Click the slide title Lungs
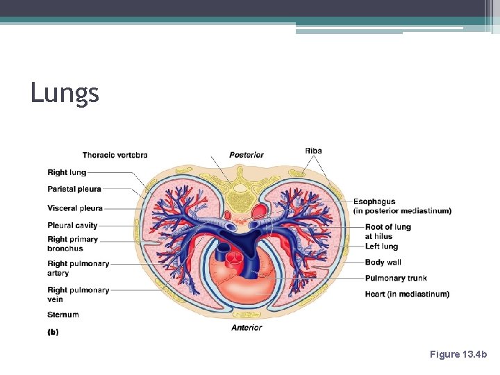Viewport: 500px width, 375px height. click(x=65, y=92)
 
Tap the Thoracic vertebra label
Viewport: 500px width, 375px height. click(x=115, y=155)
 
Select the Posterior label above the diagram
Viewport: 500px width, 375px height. click(x=247, y=155)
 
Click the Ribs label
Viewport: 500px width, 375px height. click(x=313, y=151)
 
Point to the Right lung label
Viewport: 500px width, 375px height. click(x=67, y=172)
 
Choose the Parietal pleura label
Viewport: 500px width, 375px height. click(x=74, y=189)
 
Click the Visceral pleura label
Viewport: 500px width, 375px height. click(x=75, y=208)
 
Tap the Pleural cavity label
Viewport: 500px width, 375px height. click(x=72, y=225)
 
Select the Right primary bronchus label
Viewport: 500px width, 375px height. click(x=72, y=244)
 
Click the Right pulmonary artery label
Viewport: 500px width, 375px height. click(x=78, y=268)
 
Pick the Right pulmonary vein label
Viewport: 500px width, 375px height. click(x=78, y=294)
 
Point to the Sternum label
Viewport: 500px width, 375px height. click(x=63, y=315)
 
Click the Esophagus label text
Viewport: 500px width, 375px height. click(x=374, y=202)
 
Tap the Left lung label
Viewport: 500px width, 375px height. click(x=381, y=247)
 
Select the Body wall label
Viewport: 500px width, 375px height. click(x=383, y=262)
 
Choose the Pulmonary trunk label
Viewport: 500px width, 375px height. click(x=396, y=278)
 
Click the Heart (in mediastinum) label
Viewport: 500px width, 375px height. click(x=407, y=294)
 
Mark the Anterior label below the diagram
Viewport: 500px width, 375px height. click(x=247, y=328)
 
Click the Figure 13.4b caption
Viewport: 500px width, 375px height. click(x=458, y=354)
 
